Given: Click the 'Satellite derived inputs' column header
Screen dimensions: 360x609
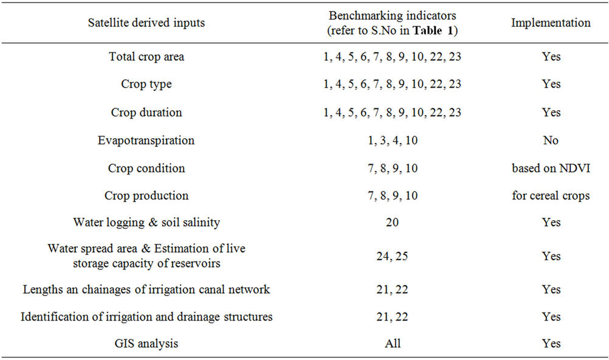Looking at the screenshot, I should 146,23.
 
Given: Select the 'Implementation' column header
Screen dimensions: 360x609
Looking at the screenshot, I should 551,23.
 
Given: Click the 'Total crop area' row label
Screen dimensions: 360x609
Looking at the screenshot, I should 146,57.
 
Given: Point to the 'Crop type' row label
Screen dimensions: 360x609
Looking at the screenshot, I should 146,84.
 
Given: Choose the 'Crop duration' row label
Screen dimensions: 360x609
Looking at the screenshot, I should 146,112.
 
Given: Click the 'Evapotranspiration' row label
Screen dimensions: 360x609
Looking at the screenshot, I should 146,140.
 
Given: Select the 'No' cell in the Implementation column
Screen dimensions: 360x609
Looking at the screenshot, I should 551,140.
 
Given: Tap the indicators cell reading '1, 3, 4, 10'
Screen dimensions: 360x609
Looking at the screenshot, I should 392,140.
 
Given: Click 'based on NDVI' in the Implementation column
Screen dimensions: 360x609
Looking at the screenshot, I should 551,168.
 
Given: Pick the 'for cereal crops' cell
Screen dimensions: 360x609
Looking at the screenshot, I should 551,196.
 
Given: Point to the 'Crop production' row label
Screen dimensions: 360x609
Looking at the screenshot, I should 146,196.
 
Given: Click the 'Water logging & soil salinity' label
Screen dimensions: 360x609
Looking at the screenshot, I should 146,223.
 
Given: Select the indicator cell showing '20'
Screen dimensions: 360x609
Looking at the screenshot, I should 392,223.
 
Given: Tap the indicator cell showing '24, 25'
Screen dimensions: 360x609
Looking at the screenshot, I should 392,256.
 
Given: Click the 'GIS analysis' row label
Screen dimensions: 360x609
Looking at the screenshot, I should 146,344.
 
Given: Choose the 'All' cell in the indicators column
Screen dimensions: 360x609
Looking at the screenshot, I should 393,344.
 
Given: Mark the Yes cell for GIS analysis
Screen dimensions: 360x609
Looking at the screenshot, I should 551,344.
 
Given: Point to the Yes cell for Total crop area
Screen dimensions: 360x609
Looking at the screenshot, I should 551,57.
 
